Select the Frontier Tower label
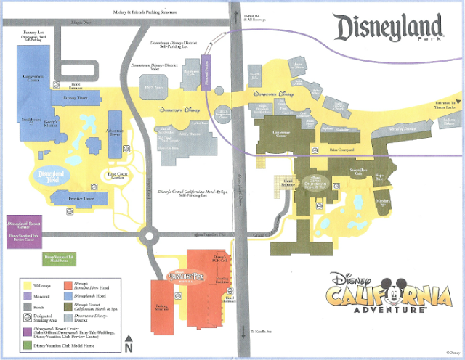click(78, 197)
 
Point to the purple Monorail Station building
click(206, 73)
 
